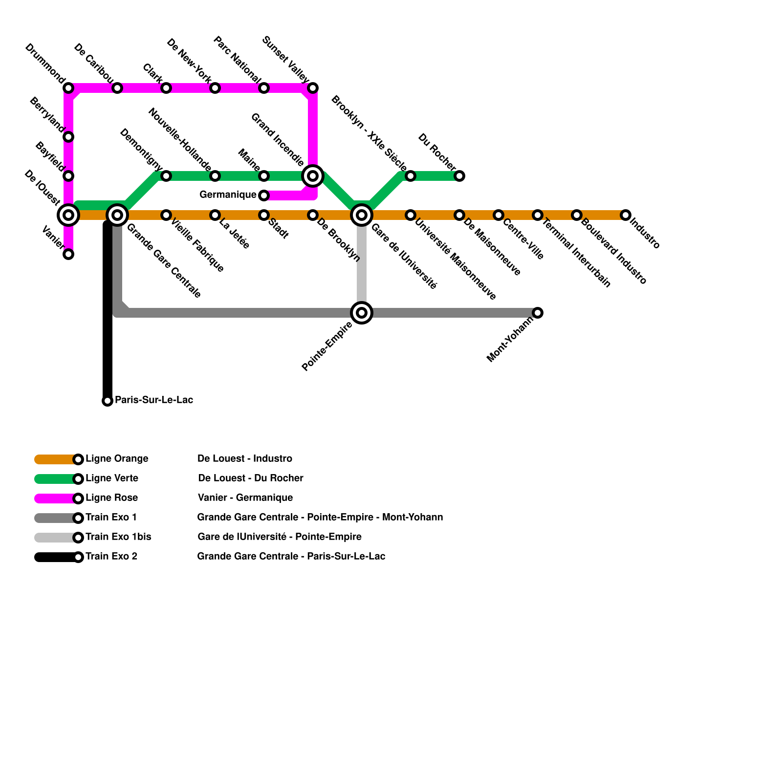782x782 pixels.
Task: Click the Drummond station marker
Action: [x=68, y=88]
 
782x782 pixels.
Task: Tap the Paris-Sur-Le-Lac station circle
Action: [x=108, y=401]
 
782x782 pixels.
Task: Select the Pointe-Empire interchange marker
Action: [x=362, y=313]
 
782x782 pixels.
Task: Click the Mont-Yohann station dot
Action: [x=538, y=313]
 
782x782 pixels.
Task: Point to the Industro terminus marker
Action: [x=626, y=215]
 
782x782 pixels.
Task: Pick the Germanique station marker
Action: [x=264, y=195]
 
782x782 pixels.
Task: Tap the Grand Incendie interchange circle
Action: [x=313, y=176]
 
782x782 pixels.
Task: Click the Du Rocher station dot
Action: [x=459, y=176]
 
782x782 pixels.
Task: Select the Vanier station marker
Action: [x=68, y=254]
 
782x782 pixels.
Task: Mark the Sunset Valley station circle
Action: [x=313, y=88]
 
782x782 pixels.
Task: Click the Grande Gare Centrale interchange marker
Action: [x=117, y=215]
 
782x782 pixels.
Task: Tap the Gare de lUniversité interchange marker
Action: [x=362, y=215]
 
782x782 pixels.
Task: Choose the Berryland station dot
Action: [x=68, y=137]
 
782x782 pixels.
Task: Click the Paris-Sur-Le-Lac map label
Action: [x=154, y=400]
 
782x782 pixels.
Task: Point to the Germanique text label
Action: [x=228, y=195]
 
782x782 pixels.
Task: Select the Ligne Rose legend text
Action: [x=111, y=498]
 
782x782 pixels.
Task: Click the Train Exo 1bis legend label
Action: [x=118, y=537]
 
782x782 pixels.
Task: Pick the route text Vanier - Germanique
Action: [x=245, y=498]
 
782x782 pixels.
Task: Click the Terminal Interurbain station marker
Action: [x=538, y=215]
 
